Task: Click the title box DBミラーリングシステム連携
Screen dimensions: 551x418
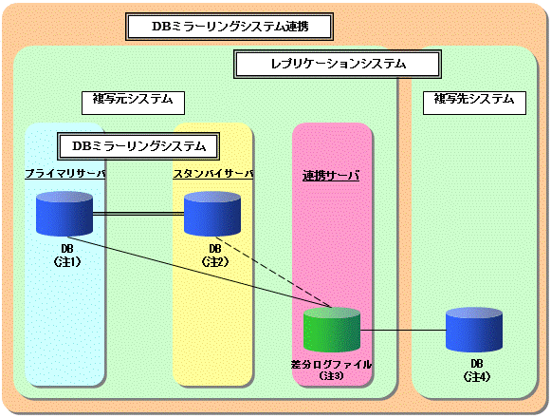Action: point(230,27)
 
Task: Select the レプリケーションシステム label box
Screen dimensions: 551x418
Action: point(338,64)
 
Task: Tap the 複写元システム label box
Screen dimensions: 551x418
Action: point(133,103)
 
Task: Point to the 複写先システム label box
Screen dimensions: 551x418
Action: point(474,103)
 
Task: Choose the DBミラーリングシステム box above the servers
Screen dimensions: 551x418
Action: point(138,146)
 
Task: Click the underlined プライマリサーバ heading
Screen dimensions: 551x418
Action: point(65,174)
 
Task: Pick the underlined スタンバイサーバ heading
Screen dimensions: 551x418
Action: point(213,174)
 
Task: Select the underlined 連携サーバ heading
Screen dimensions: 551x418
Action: point(331,176)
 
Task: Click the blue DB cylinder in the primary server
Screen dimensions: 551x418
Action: point(64,214)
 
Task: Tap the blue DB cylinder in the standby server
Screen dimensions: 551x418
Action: point(212,214)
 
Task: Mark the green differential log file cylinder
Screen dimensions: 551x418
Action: point(332,330)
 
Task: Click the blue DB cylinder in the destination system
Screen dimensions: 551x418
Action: point(474,330)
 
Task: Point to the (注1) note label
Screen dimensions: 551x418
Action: point(67,261)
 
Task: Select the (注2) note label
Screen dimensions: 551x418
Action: point(215,261)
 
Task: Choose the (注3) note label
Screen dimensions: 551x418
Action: point(331,376)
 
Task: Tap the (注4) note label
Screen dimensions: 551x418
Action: point(476,377)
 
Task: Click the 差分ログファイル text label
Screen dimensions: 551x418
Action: point(331,365)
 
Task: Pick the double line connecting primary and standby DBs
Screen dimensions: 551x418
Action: point(138,214)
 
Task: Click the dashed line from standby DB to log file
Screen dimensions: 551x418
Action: point(271,272)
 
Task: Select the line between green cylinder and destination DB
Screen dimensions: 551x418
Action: point(403,331)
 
